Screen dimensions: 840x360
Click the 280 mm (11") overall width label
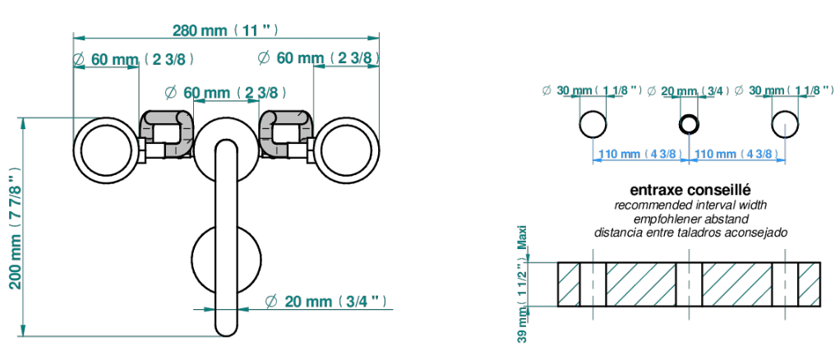click(225, 30)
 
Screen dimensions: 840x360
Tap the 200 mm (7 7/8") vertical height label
click(16, 227)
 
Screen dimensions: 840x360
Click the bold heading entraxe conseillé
click(690, 190)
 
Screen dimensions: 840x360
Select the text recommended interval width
click(690, 205)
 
